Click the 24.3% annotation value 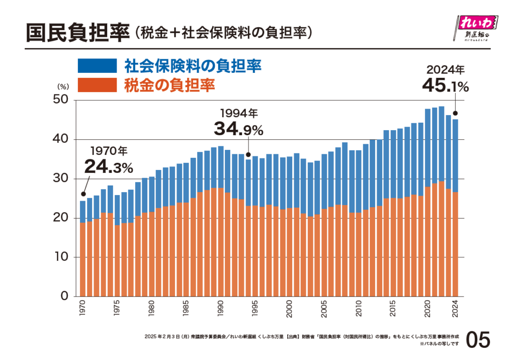[x=108, y=166]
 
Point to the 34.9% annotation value [x=238, y=129]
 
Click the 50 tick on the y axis [x=60, y=100]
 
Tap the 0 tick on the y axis [x=65, y=296]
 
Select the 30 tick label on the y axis [x=60, y=178]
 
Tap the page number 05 [x=477, y=340]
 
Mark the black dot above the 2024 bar [x=456, y=113]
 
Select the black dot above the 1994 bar [x=248, y=154]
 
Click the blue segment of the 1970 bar [x=82, y=212]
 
